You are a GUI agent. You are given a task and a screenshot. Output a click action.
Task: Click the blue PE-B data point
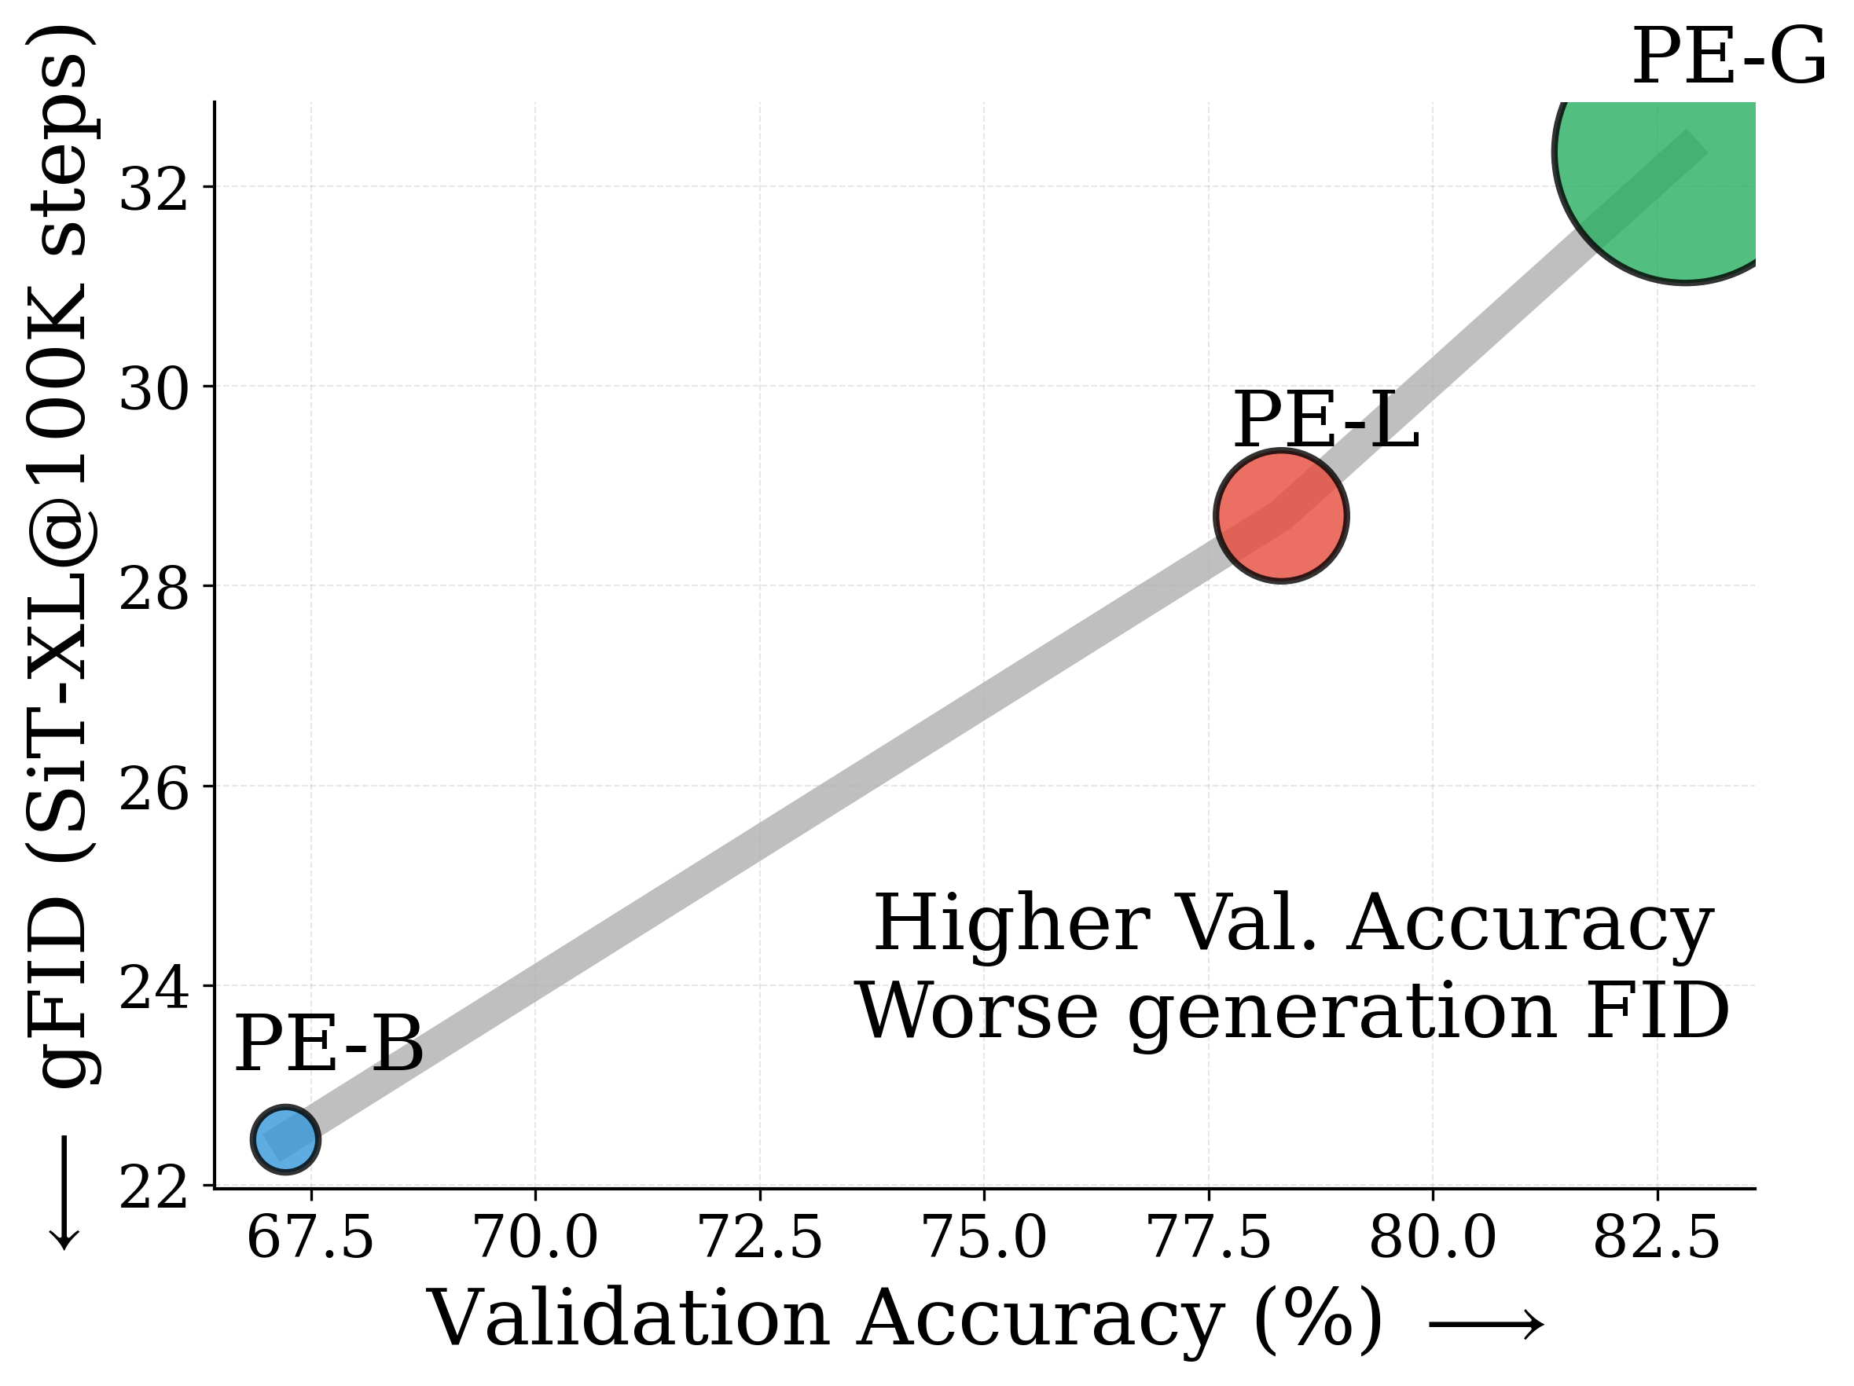[285, 1138]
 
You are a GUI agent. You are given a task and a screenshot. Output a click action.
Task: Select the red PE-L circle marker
[1281, 515]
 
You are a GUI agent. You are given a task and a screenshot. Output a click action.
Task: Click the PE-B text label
[329, 1045]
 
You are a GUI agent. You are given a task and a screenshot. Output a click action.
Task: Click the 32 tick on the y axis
[153, 189]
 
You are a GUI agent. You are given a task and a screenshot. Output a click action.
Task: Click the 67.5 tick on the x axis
[310, 1238]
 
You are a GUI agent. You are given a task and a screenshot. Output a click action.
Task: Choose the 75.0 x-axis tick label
[985, 1238]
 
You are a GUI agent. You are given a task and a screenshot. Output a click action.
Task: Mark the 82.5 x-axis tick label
[1656, 1238]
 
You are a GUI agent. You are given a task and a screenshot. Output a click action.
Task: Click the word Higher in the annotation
[1011, 923]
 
